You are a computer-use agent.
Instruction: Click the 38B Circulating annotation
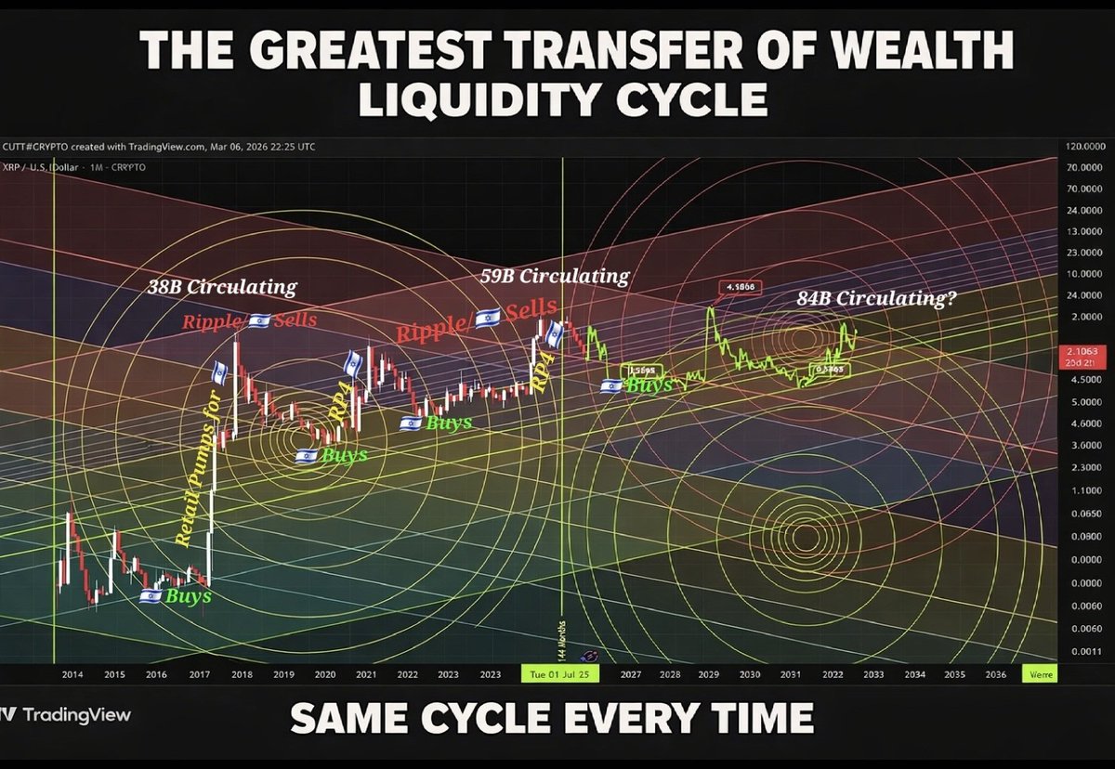point(221,287)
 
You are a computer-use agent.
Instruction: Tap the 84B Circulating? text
point(877,298)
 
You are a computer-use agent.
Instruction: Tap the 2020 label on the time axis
point(324,676)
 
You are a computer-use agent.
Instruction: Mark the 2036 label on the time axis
point(994,676)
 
